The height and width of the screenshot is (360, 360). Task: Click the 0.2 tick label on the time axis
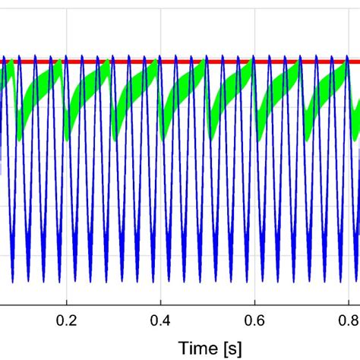(x=68, y=318)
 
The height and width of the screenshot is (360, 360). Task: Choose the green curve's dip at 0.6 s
(x=258, y=138)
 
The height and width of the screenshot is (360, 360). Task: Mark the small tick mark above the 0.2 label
(x=68, y=302)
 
